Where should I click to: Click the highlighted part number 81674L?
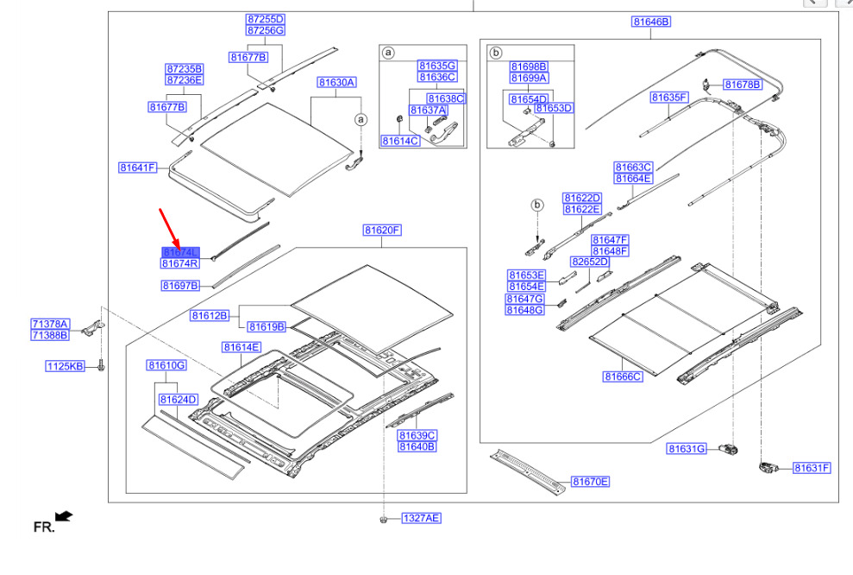coord(180,252)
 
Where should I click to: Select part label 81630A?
coord(336,83)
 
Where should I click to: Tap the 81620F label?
coord(383,231)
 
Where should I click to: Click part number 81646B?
coord(651,22)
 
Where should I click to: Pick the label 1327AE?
coord(421,518)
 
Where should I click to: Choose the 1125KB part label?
coord(66,366)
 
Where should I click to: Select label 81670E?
coord(590,482)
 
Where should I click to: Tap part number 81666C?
coord(624,376)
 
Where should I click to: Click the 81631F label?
coord(812,468)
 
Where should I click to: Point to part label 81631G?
coord(687,449)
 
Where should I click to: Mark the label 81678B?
coord(743,84)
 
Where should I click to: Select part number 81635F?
coord(668,98)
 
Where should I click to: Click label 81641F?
coord(138,167)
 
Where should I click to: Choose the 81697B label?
coord(180,285)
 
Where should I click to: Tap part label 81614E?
coord(241,347)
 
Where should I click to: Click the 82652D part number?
coord(590,262)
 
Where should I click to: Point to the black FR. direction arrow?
coord(64,517)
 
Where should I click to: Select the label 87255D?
coord(265,19)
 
